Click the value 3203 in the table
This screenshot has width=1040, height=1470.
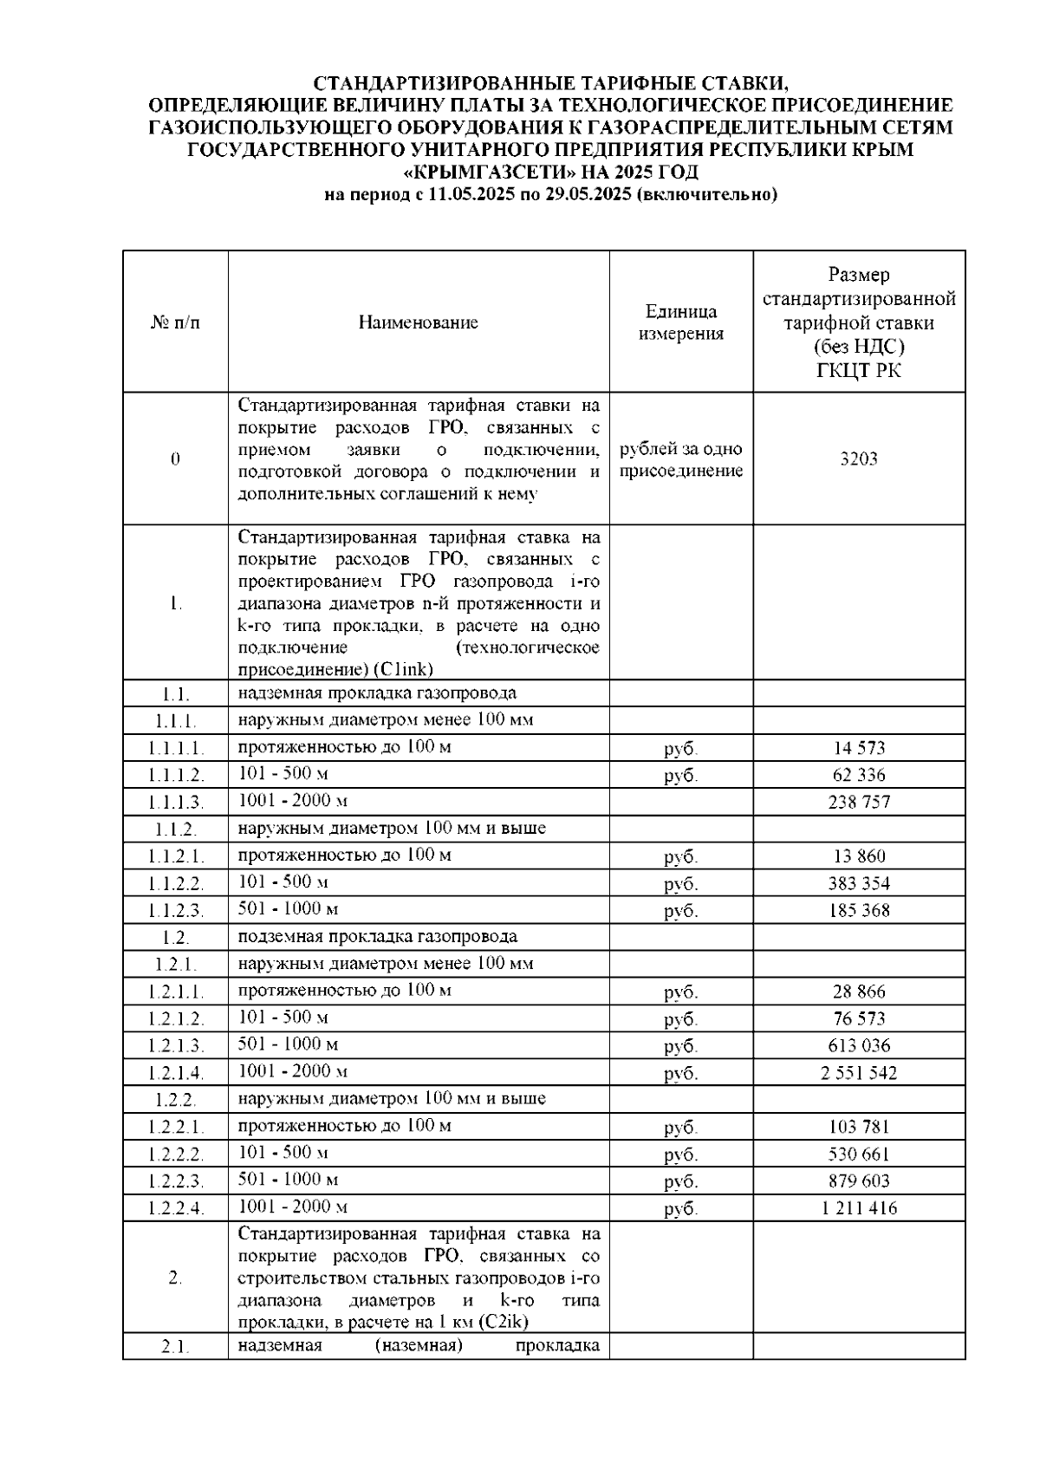858,459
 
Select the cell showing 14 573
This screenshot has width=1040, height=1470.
858,748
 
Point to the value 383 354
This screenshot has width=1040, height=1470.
858,884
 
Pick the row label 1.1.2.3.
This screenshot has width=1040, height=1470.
175,911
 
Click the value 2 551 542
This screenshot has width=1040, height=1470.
858,1073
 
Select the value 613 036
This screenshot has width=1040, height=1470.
858,1046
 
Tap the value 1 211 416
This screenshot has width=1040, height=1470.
858,1208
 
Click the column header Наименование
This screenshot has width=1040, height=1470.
418,323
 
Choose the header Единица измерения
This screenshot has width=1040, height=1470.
680,322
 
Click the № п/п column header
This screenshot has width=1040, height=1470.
175,323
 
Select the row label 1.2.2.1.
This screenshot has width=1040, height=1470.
175,1128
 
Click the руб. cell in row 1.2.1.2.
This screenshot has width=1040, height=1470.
680,1019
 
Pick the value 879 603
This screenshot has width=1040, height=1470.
858,1181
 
